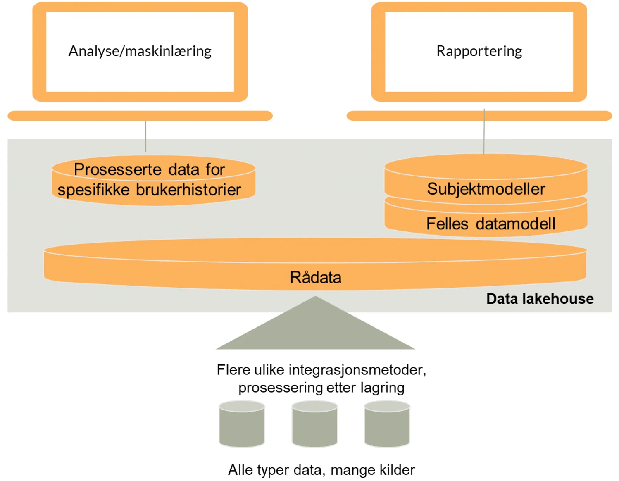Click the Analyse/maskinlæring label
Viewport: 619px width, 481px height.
(140, 51)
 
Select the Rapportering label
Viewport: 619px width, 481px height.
(479, 51)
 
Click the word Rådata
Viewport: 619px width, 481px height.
(315, 277)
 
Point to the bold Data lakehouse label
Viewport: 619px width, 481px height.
(539, 298)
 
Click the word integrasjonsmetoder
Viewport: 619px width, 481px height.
(357, 370)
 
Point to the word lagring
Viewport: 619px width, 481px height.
(382, 388)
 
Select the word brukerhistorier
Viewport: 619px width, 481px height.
(188, 190)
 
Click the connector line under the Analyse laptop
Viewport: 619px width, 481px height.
(145, 136)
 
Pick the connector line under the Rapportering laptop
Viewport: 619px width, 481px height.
(484, 136)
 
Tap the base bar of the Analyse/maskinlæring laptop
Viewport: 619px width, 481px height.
(140, 116)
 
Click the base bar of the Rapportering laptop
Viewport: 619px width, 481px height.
(479, 116)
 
